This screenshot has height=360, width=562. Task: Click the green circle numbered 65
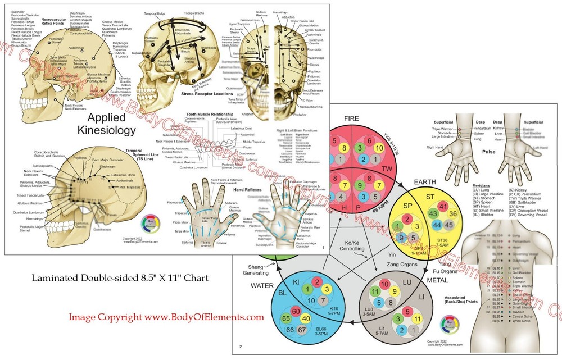tap(286, 318)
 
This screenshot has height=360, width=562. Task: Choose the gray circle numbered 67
tap(302, 329)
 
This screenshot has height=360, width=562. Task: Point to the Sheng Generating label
tap(255, 270)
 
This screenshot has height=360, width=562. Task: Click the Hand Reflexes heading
tap(234, 190)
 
